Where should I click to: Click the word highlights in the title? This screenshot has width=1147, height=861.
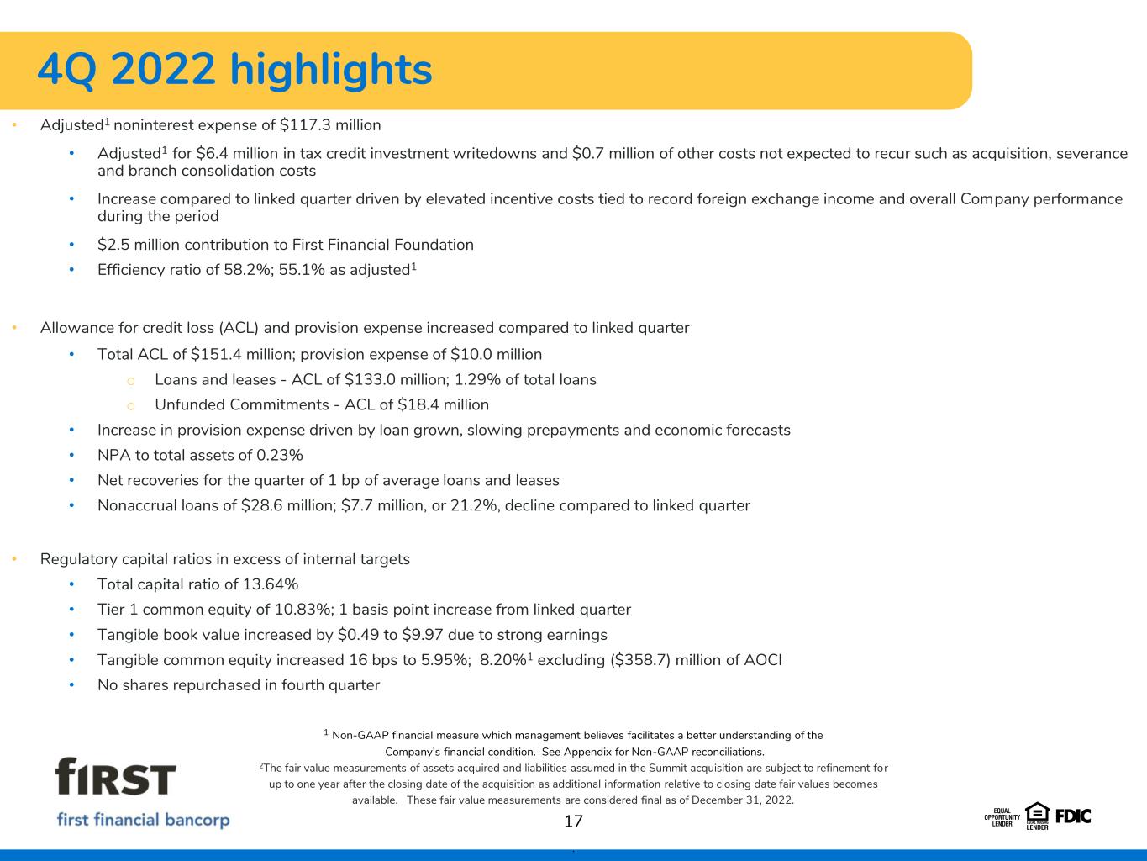[x=331, y=71]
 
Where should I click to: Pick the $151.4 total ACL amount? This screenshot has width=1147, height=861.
[x=216, y=355]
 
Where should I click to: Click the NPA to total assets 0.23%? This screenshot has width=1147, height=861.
[x=280, y=455]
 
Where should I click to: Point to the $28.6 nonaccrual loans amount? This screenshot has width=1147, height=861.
[x=262, y=505]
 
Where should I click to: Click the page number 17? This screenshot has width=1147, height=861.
[x=573, y=821]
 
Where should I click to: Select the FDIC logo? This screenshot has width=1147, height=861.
[x=1073, y=816]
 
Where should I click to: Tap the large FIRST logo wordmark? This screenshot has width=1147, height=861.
[x=115, y=776]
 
